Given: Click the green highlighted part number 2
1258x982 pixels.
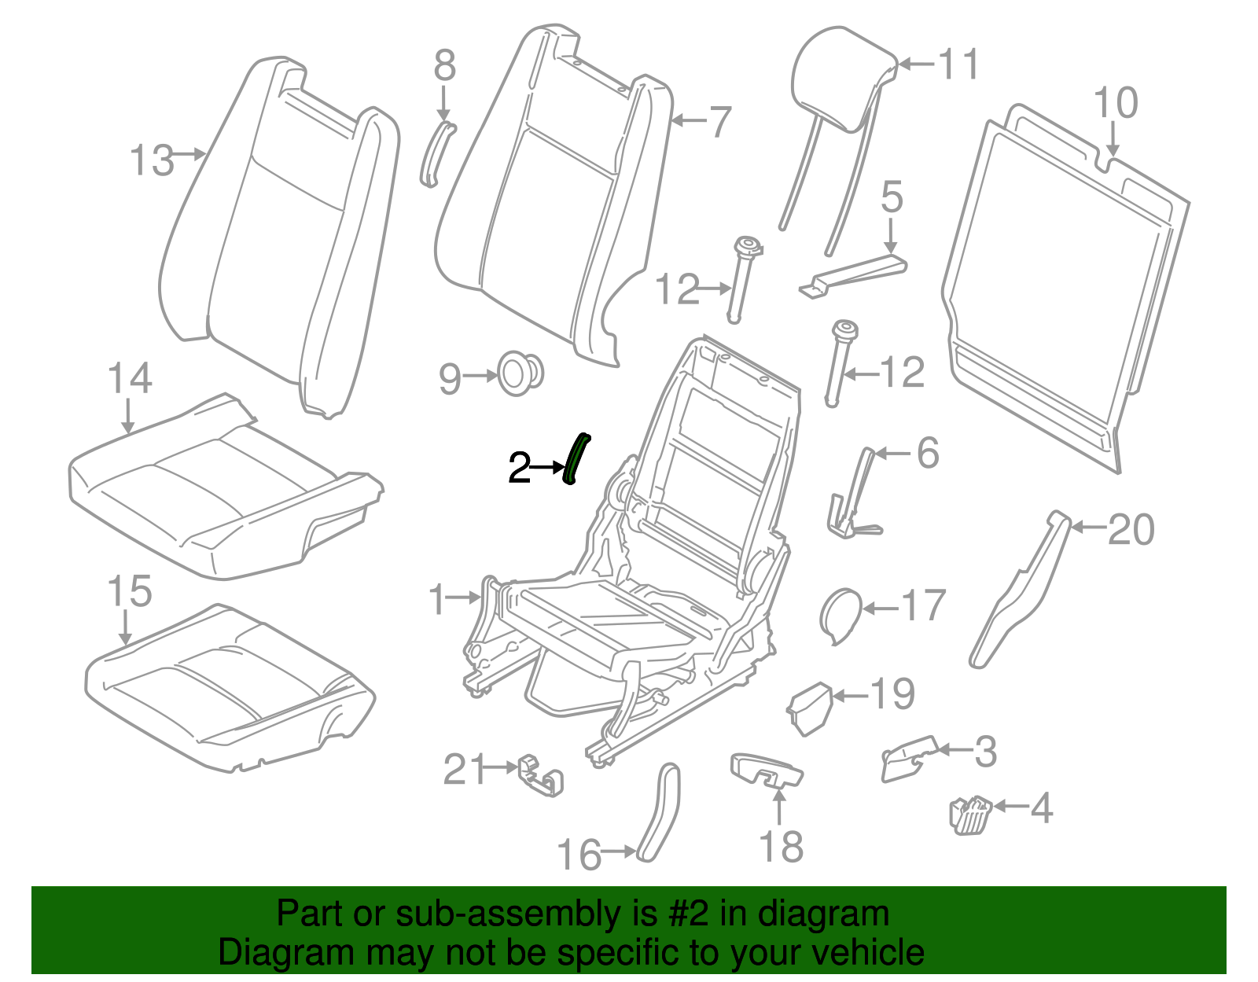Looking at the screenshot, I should coord(576,460).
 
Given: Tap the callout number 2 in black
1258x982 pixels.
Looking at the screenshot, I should coord(520,469).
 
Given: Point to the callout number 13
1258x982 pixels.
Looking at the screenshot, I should coord(151,160).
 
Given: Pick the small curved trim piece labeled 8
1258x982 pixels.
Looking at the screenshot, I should coord(436,154).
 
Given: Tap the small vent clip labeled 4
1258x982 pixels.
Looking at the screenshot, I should coord(971,814).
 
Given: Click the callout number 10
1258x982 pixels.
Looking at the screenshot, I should coord(1115,104).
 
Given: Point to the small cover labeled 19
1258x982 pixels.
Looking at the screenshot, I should coord(810,708).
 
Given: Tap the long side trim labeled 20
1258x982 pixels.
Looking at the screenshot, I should coord(1022,590).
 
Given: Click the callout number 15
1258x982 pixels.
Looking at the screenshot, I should coord(129,591).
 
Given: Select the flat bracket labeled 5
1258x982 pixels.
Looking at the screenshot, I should coord(853,274).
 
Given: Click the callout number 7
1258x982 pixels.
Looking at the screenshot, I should coord(719,123).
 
